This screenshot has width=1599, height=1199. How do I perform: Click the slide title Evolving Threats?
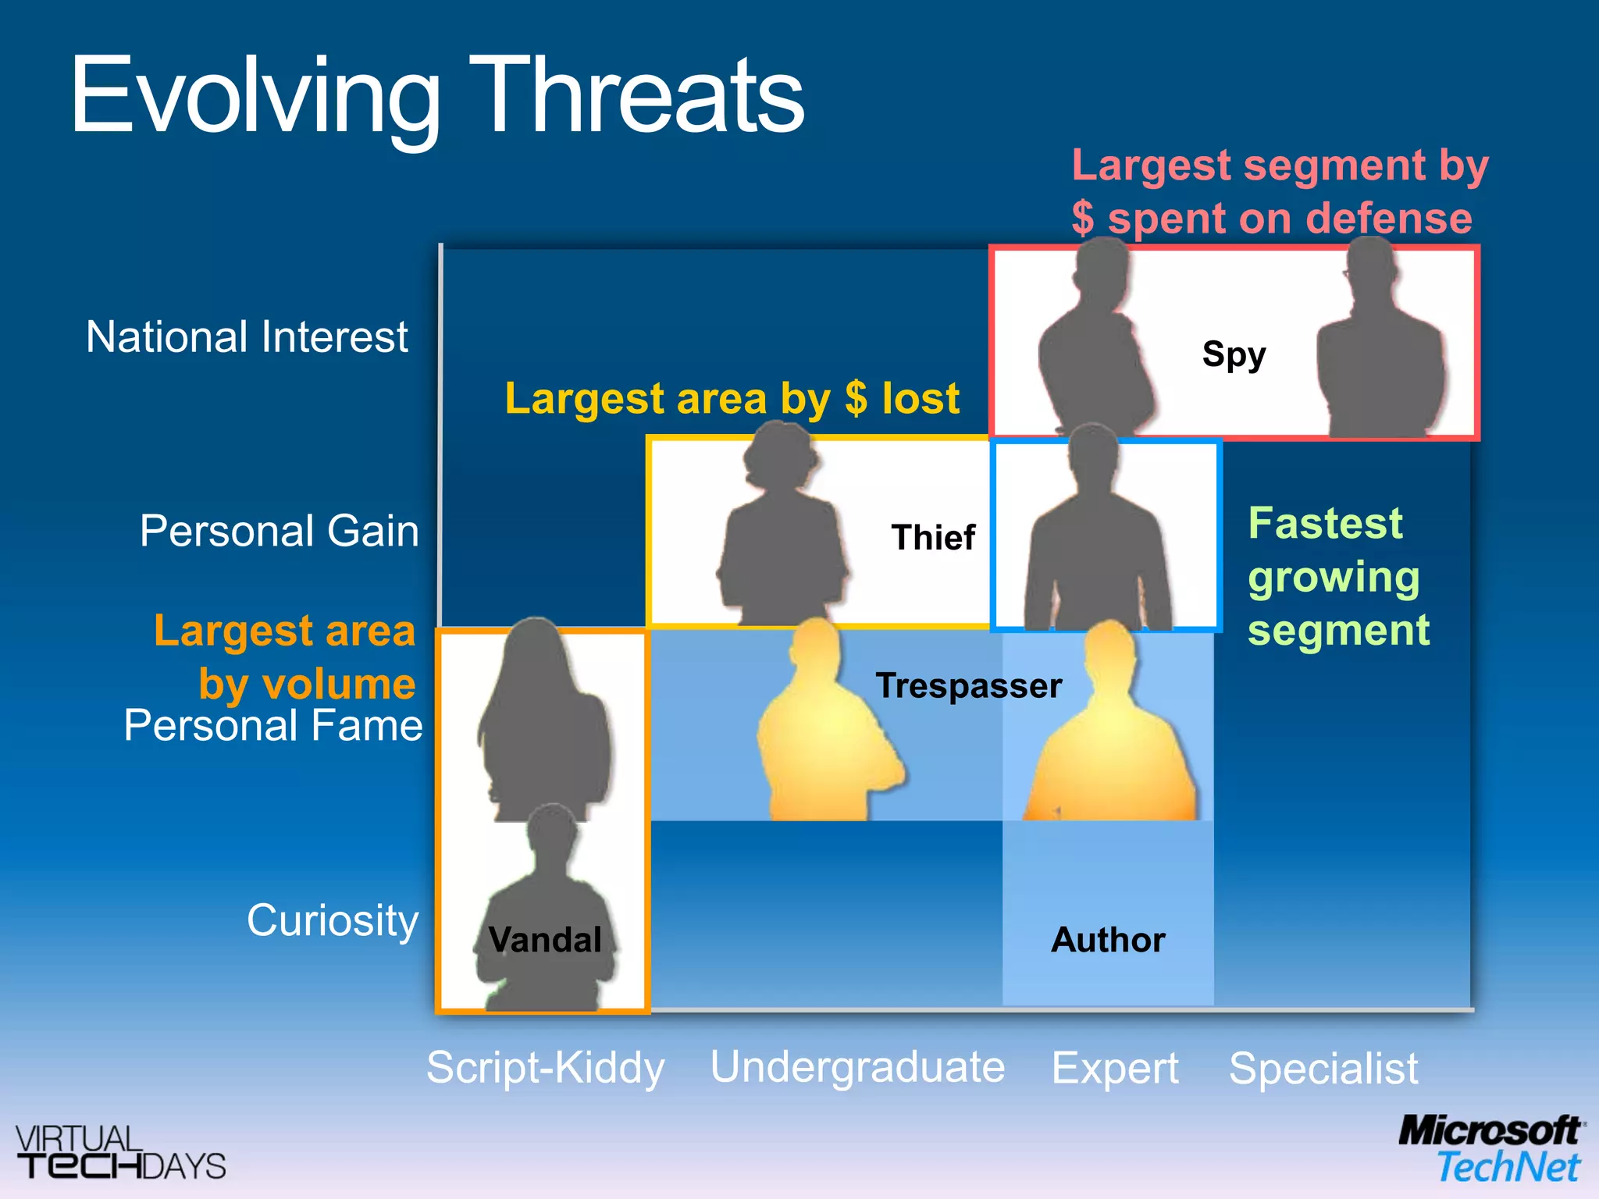coord(437,98)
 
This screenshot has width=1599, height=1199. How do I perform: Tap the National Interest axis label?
coord(247,337)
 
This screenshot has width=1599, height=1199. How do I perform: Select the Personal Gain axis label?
coord(279,531)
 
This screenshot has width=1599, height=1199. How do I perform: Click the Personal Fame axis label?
coord(272,725)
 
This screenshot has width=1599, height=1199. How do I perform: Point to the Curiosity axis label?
coord(333,920)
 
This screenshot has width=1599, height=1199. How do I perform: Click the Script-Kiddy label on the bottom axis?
coord(545,1067)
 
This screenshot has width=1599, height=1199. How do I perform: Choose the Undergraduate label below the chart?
coord(857,1067)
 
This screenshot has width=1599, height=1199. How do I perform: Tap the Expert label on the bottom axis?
coord(1115,1068)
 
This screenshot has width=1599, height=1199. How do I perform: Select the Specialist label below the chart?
coord(1323,1068)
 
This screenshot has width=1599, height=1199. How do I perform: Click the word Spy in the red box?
coord(1234,354)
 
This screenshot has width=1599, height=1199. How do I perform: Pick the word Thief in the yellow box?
coord(933,538)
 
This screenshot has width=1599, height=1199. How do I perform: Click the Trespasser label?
coord(968,686)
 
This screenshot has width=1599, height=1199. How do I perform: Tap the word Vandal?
coord(545,940)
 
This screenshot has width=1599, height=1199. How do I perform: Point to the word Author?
coord(1108,940)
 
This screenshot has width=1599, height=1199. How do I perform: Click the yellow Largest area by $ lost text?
coord(732,399)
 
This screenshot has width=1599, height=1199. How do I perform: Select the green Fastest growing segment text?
coord(1337,576)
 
